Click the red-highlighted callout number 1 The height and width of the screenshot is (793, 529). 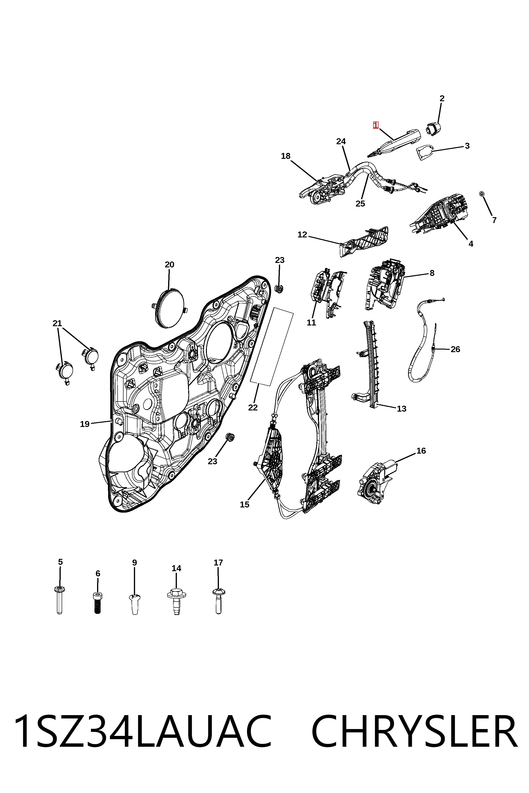point(375,125)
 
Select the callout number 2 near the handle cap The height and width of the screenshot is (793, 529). point(442,98)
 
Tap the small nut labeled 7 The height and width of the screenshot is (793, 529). point(482,194)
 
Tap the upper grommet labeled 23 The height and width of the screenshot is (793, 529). point(279,289)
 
